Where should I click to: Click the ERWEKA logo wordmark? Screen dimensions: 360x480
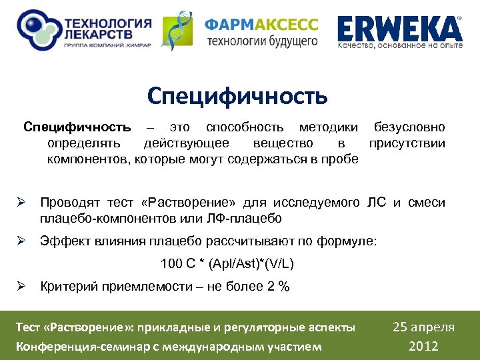(399, 29)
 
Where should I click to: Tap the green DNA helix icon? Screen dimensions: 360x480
(178, 31)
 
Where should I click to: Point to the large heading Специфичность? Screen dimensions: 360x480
(237, 96)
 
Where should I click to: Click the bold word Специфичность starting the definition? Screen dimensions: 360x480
(77, 127)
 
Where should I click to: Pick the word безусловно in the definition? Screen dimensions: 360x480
(409, 127)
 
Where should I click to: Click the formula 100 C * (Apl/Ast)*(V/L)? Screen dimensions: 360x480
(227, 264)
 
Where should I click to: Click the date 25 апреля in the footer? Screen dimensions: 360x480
(423, 327)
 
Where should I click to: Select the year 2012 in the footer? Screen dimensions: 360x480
(423, 345)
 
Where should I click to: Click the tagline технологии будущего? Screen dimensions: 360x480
(261, 41)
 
